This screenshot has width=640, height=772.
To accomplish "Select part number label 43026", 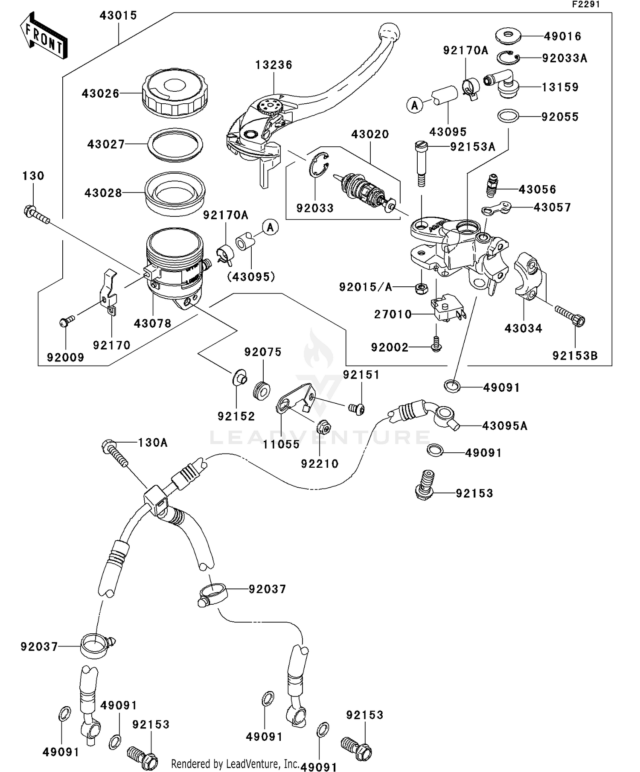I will click(x=101, y=94).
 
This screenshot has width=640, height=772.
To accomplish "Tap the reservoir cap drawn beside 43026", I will click(x=175, y=93).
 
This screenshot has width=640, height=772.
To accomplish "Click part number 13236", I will click(x=274, y=65).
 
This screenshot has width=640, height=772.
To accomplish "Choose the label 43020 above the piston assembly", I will click(x=370, y=134).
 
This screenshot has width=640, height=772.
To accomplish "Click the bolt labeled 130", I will click(x=36, y=214).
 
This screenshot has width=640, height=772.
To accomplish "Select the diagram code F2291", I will click(x=585, y=5).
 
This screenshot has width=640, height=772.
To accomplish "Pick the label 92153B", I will click(x=575, y=356).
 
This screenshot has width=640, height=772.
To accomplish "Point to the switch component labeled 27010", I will click(x=446, y=308).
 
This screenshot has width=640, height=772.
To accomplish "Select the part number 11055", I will click(x=281, y=444).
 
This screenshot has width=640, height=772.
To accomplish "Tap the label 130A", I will click(x=153, y=443).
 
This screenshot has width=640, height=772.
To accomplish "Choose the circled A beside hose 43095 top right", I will click(x=414, y=105).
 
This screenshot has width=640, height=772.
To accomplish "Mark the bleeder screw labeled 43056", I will click(x=492, y=185).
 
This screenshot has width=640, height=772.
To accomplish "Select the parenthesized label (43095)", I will click(x=251, y=277).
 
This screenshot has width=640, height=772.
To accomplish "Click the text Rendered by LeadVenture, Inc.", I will click(x=235, y=763).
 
